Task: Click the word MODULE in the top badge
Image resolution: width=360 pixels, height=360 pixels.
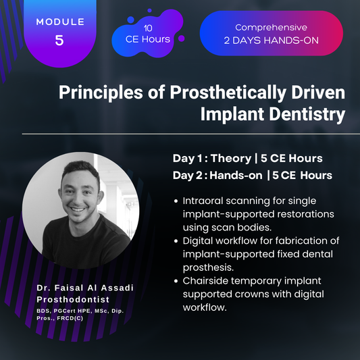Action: coord(60,22)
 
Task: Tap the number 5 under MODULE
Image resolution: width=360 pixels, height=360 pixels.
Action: coord(60,41)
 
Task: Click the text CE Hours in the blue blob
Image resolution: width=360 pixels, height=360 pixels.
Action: coord(147,40)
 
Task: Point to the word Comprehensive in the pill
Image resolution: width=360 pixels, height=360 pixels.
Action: coord(271,28)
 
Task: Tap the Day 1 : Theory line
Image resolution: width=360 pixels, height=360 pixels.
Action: coord(247,158)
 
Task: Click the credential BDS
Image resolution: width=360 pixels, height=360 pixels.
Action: coord(43,311)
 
